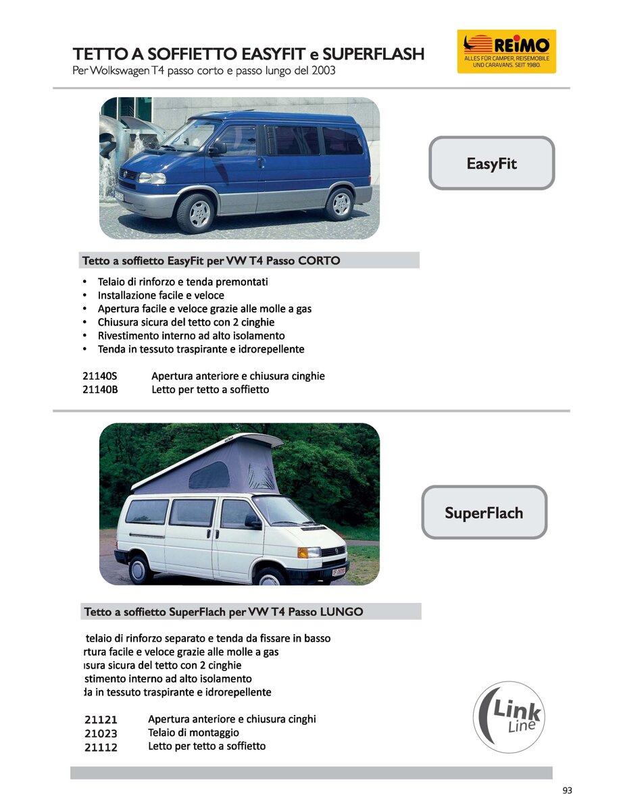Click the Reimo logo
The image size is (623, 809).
coord(506,51)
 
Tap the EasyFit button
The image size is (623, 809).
coord(491,163)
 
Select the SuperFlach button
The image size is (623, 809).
coord(484,513)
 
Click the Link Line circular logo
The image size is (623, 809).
coord(508,717)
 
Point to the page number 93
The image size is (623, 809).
coord(567,791)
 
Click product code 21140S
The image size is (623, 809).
coord(100,376)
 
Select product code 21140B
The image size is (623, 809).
coord(100,390)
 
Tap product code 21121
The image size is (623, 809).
coord(101,720)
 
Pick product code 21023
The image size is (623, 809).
coord(101,733)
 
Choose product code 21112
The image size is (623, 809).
coord(101,747)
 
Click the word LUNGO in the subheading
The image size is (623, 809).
coord(341,612)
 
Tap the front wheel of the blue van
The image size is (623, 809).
coord(199,213)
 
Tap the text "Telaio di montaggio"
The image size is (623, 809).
coord(193,733)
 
